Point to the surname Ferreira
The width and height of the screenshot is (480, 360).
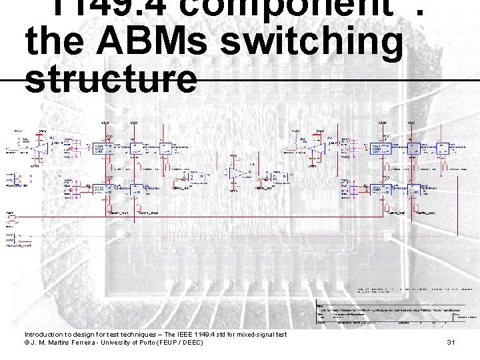click(79, 343)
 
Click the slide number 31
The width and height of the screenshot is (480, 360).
click(451, 343)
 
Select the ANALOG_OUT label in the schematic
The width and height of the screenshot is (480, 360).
click(19, 246)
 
